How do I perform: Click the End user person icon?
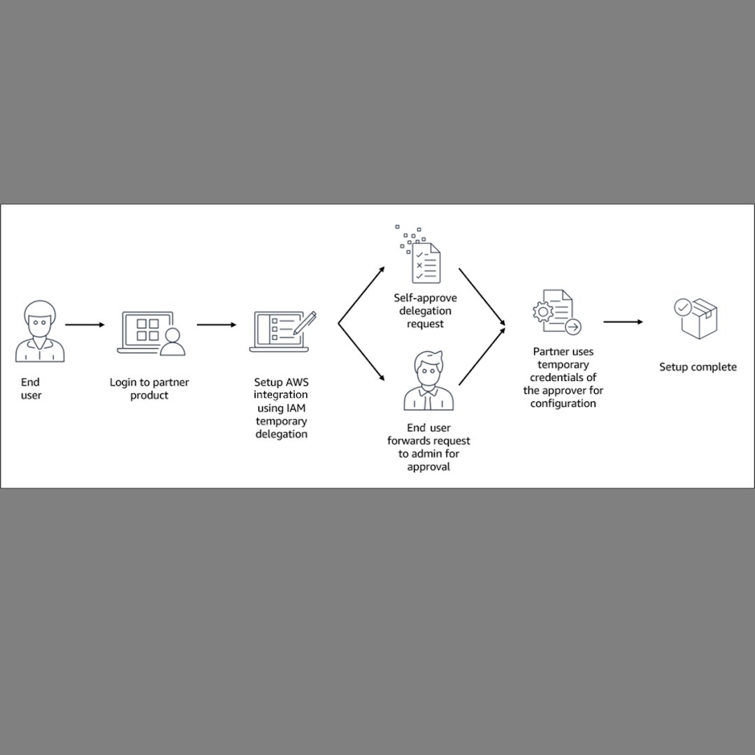point(39,331)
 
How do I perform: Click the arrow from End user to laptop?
point(85,324)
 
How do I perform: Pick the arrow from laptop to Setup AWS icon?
point(216,324)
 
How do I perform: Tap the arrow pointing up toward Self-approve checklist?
point(361,294)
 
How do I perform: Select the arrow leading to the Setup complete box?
point(623,322)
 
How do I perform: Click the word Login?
point(123,382)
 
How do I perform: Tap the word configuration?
point(563,403)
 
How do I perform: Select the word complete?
point(714,367)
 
